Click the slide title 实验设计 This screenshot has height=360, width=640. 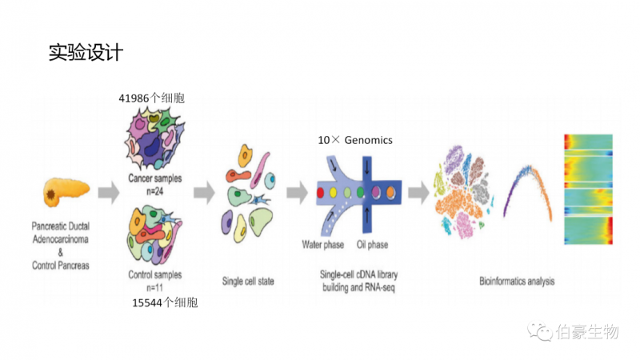point(86,53)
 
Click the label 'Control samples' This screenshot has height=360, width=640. point(155,275)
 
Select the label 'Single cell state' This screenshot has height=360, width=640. point(247,281)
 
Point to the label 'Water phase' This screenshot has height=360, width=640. point(322,243)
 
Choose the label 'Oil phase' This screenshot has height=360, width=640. point(372,243)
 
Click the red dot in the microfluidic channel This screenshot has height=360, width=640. point(321,192)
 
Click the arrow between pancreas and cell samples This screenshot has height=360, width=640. point(108,192)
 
